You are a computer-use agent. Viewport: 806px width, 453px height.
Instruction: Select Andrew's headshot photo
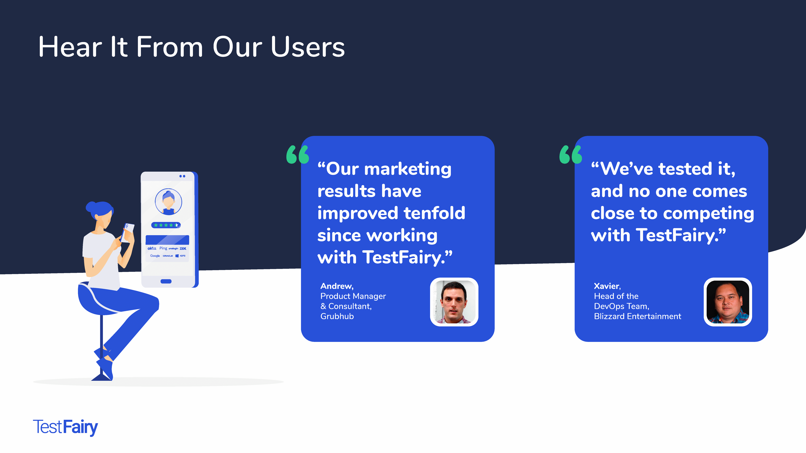tap(454, 302)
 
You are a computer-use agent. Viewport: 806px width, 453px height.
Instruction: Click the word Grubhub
tap(337, 316)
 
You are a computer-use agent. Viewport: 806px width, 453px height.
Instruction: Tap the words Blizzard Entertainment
tap(637, 316)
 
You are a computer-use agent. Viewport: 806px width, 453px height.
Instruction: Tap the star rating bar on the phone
tap(166, 225)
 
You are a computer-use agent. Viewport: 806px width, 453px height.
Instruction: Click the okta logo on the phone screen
tap(152, 248)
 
